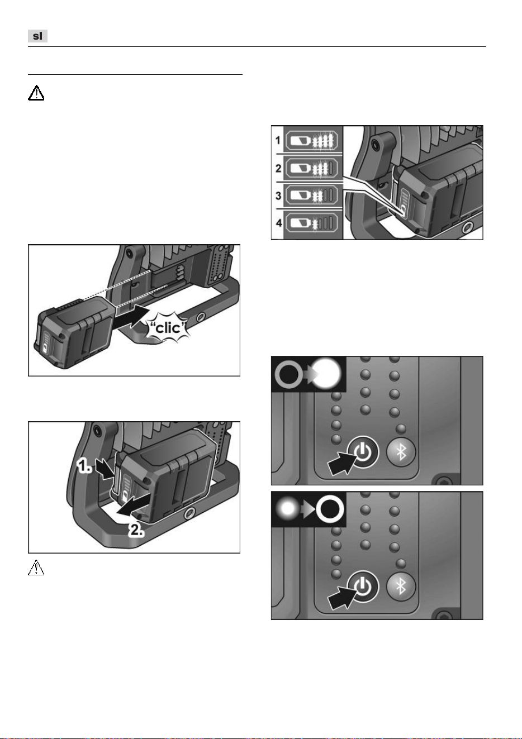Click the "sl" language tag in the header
[37, 36]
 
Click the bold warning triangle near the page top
[36, 93]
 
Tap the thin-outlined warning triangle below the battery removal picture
[36, 568]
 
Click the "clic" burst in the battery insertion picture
[168, 327]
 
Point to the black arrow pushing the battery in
[130, 317]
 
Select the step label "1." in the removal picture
[84, 466]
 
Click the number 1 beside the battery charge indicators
[278, 140]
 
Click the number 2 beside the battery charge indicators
[278, 168]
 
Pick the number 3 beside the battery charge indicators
[278, 196]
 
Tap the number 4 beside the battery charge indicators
[279, 223]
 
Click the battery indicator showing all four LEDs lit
[312, 141]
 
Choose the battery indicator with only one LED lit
[312, 223]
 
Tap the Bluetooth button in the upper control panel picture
[401, 452]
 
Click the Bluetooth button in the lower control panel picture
[401, 587]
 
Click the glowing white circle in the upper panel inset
[326, 374]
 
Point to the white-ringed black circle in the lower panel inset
[330, 509]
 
